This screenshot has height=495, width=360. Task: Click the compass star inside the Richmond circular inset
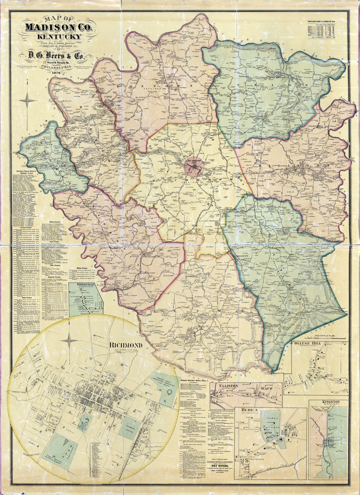click(x=70, y=341)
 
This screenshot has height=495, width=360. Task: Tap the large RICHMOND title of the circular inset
click(x=126, y=345)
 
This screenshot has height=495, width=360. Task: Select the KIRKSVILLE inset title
click(x=81, y=284)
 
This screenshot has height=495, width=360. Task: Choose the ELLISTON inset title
click(x=229, y=386)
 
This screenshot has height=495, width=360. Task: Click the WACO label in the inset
click(x=267, y=388)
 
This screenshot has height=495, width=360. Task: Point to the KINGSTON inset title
click(x=331, y=402)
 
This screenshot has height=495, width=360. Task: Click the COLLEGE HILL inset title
click(x=305, y=343)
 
